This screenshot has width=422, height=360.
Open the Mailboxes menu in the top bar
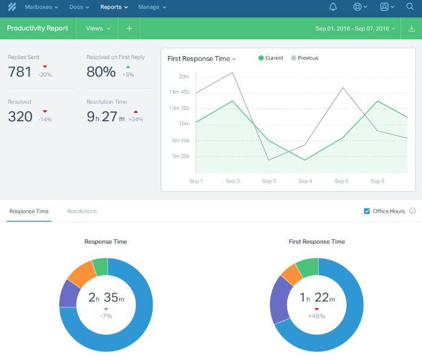(x=42, y=7)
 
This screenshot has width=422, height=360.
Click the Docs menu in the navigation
(x=79, y=7)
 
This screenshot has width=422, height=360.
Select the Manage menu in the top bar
(x=152, y=7)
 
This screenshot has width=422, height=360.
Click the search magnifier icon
(x=411, y=7)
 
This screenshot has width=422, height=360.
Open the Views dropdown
(x=98, y=28)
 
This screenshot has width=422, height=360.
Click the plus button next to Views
(x=129, y=28)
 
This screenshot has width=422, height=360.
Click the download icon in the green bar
(x=412, y=28)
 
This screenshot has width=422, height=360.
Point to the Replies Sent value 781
(x=20, y=72)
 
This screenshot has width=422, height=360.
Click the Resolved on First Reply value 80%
(x=101, y=72)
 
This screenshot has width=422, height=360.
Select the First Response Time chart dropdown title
(x=202, y=58)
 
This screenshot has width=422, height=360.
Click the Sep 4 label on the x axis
(x=305, y=181)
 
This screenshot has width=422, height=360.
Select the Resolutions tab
(x=82, y=211)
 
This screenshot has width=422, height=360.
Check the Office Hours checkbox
(x=367, y=211)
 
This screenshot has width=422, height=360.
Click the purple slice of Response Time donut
(x=69, y=294)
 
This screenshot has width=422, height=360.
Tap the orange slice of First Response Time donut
(x=292, y=274)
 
